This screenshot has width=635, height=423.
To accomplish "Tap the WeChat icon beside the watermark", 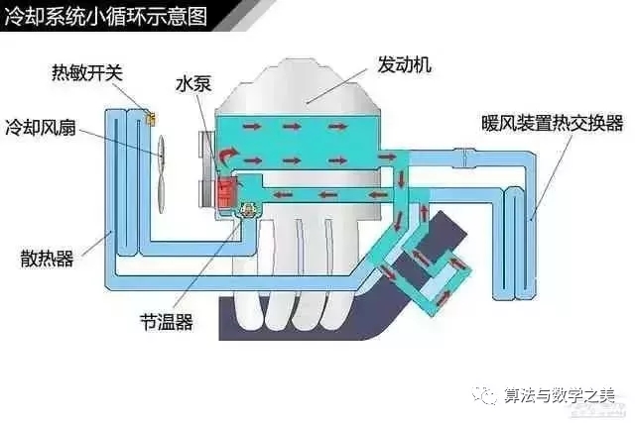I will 487,394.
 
